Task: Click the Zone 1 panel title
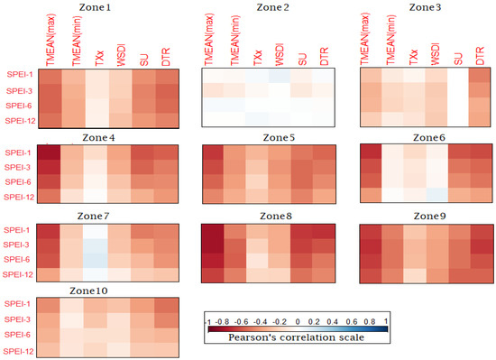point(95,7)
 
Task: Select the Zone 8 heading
point(276,216)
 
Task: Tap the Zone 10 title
point(88,291)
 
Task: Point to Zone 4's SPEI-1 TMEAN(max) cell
point(49,152)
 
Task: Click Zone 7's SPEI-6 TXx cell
point(96,260)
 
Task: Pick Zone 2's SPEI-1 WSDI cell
point(280,76)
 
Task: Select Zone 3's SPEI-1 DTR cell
point(480,76)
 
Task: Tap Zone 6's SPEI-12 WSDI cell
point(436,195)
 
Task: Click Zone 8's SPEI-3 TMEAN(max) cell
point(213,245)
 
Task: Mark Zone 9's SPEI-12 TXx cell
point(415,275)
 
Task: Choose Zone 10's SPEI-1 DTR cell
point(167,305)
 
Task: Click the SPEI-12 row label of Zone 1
point(20,121)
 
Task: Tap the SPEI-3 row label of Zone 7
point(16,245)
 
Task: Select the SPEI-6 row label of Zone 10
point(17,335)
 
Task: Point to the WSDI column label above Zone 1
point(121,56)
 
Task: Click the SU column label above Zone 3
point(458,60)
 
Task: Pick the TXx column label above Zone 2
point(258,57)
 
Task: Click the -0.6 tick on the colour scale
point(242,322)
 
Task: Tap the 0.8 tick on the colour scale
point(370,322)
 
